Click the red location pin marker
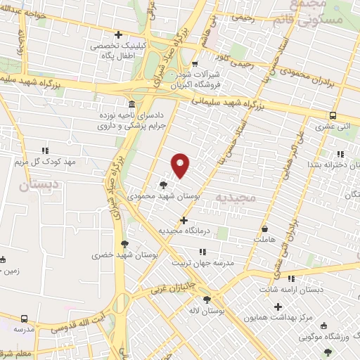point(181,165)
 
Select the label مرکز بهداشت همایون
point(278,318)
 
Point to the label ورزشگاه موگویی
point(329,337)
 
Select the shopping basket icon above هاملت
point(264,229)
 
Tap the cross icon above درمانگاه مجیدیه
point(184,220)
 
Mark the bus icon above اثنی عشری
point(333,116)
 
